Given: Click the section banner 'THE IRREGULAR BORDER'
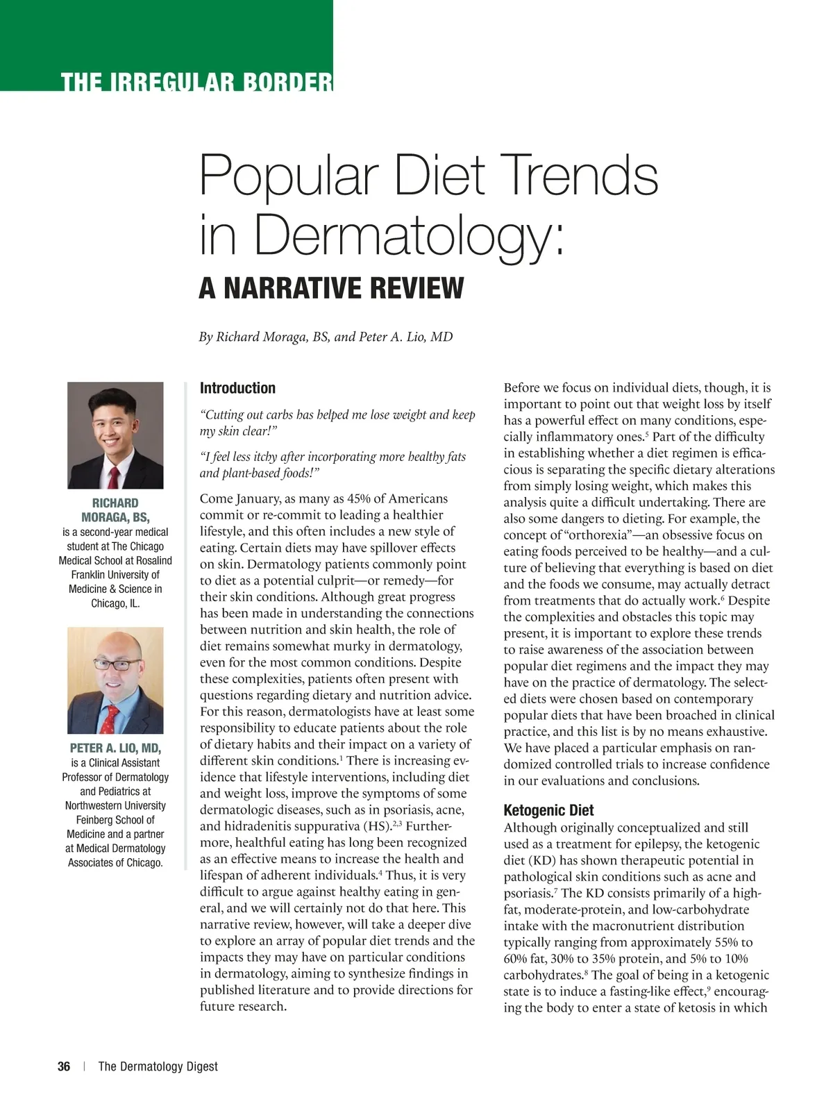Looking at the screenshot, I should (x=196, y=82).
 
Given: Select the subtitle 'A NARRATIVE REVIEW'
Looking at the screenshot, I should (x=331, y=287).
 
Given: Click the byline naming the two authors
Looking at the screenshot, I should (x=326, y=337).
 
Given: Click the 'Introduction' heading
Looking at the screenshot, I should (x=237, y=388).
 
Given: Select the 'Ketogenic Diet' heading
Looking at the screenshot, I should (x=548, y=810).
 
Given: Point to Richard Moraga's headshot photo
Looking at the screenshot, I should (x=115, y=435).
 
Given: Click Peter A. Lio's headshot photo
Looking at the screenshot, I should (x=115, y=680).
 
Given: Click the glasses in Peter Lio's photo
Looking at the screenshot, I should (x=116, y=664).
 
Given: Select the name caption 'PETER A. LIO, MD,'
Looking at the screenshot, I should (x=115, y=748).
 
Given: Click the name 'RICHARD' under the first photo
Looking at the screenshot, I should (x=115, y=503).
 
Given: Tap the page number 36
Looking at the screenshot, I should (x=64, y=1066).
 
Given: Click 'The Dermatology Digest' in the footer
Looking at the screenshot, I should (x=158, y=1066).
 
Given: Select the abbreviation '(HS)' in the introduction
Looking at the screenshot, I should (x=377, y=826).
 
